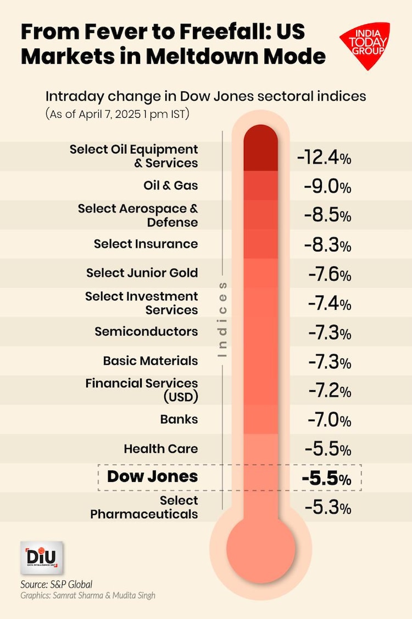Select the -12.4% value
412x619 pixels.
point(324,157)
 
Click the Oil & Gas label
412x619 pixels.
point(170,186)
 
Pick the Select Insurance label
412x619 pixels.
point(146,244)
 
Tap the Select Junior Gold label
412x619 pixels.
point(142,273)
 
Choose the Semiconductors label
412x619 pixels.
point(146,332)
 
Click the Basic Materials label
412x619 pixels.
point(151,361)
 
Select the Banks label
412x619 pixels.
point(179,419)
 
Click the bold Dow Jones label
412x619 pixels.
point(152,476)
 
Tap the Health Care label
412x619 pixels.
point(160,448)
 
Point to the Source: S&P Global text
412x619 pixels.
point(56,584)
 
